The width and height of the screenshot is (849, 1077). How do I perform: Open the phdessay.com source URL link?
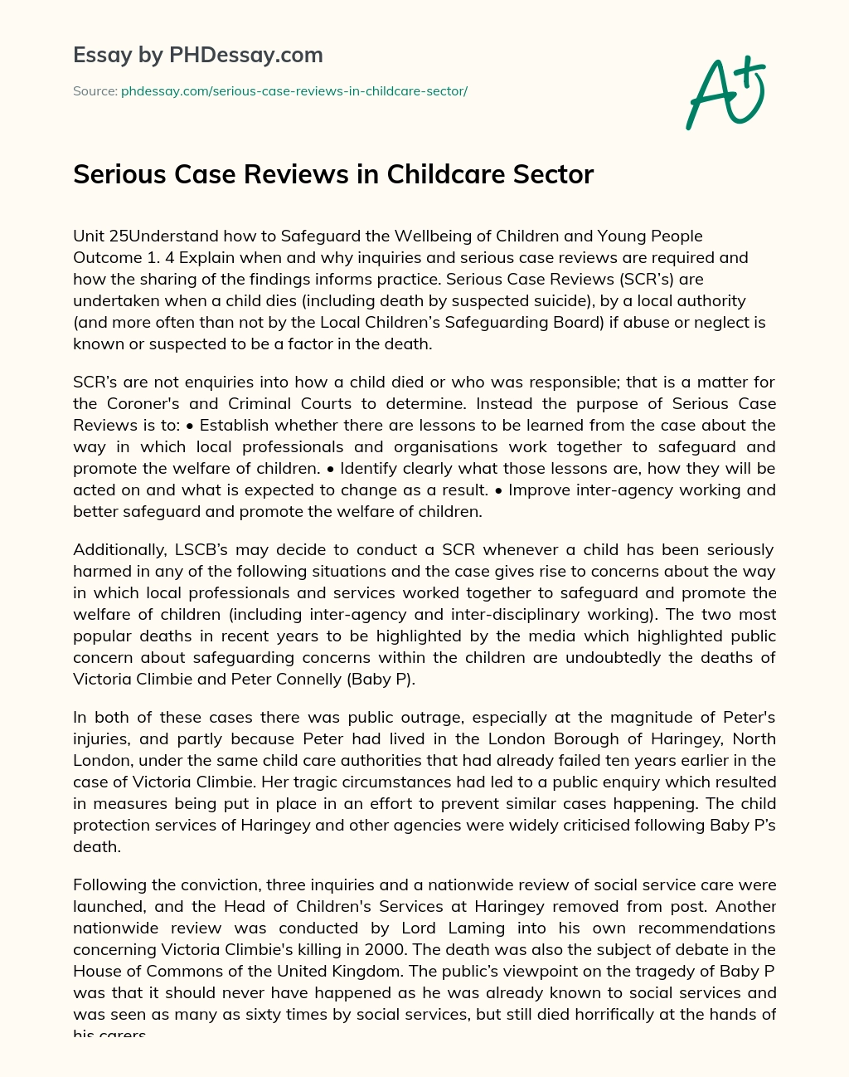[294, 91]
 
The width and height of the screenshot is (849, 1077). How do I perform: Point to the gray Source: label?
[95, 91]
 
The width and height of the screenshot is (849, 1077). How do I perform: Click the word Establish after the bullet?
[234, 426]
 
